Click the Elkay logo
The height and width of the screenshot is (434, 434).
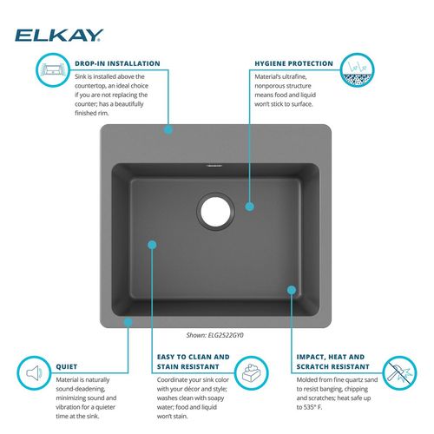pos(59,36)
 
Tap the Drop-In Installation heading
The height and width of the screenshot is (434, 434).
pos(117,63)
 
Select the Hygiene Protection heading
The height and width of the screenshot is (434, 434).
pos(293,63)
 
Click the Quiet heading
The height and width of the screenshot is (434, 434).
pos(67,366)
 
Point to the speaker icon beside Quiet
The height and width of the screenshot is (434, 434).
pos(34,373)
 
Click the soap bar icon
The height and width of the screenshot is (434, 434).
pos(251,373)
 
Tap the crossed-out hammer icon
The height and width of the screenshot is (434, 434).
pos(399,373)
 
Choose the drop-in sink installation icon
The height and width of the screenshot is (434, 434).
pos(53,69)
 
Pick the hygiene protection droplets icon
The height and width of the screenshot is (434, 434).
pos(357,69)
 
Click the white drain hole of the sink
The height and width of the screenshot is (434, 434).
pos(215,211)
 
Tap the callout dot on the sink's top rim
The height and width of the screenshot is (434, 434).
pos(168,129)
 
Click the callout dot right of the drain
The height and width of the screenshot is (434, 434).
pos(250,207)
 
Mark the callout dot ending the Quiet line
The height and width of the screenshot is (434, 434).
pos(128,322)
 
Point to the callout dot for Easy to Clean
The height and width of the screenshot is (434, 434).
pos(152,245)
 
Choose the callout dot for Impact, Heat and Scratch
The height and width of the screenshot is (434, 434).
pos(292,290)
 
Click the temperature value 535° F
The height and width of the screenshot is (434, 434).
pos(312,407)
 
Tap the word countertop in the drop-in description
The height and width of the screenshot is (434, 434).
pos(90,86)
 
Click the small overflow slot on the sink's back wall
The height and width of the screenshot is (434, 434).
pos(214,166)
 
